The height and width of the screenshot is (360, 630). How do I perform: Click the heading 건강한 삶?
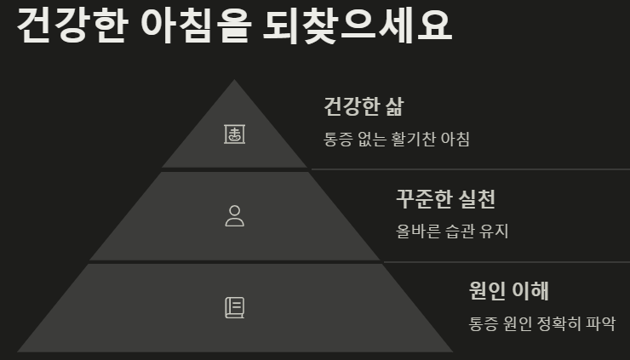click(x=364, y=107)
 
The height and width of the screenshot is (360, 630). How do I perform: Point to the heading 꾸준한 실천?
click(x=445, y=199)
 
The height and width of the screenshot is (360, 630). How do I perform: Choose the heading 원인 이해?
click(x=508, y=290)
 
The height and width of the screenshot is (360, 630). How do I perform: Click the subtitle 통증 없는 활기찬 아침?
click(x=397, y=139)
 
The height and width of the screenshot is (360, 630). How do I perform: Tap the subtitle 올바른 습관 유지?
click(x=452, y=231)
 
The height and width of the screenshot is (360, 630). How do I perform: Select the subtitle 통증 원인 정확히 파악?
click(x=541, y=323)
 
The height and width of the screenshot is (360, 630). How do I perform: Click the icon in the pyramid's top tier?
click(x=234, y=134)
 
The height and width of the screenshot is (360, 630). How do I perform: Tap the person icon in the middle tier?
click(x=234, y=215)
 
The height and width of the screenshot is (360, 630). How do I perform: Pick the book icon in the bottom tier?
click(x=234, y=307)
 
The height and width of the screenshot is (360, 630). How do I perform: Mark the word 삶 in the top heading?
click(x=392, y=107)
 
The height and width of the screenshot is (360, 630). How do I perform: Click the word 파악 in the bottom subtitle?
click(x=600, y=323)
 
